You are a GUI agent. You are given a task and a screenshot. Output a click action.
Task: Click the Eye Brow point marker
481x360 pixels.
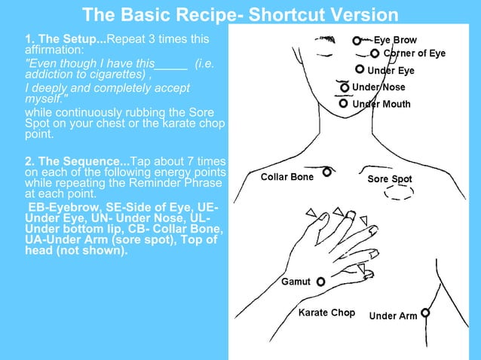point(357,40)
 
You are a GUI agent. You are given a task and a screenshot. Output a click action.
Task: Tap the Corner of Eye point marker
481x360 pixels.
point(375,53)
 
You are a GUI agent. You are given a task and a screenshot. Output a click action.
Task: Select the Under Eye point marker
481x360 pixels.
point(360,69)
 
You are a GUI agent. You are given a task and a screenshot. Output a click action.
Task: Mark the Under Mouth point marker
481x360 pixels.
point(344,103)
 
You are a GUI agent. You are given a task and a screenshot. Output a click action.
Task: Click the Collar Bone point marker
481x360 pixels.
point(327,172)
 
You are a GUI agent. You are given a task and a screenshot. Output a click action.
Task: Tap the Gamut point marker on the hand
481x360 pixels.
point(321,282)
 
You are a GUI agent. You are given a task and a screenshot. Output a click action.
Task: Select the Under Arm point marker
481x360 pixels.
point(425,313)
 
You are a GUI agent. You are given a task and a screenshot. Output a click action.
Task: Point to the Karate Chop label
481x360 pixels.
point(326,313)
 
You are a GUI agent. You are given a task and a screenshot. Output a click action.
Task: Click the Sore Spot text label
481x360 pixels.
point(390,179)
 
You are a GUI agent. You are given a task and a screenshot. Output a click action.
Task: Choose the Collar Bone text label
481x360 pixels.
point(286,177)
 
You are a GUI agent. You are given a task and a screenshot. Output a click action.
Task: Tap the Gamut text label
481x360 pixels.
point(296,282)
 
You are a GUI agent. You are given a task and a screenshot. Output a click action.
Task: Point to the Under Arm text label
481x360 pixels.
point(393,316)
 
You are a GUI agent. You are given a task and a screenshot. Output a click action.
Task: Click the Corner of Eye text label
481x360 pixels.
point(415,53)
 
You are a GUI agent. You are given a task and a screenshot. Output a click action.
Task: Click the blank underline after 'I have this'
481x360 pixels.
point(171,65)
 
